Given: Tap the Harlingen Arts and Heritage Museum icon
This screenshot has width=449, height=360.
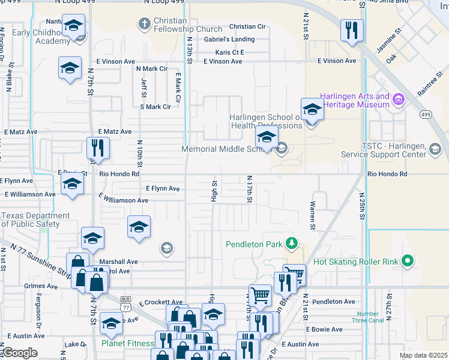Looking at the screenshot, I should tap(399, 98).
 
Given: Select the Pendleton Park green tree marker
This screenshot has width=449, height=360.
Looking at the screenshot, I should tap(292, 243).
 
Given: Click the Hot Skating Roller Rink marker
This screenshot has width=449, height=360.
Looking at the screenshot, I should tap(408, 261).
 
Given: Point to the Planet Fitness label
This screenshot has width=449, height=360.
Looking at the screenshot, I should tap(127, 344).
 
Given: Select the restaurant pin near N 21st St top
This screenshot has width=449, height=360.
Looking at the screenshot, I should tap(351, 31).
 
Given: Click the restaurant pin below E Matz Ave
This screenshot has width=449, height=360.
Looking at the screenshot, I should tap(97, 148).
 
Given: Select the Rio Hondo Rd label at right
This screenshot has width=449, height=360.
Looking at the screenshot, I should tap(387, 174).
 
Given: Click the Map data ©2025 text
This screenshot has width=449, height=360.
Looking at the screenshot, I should tap(422, 355).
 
